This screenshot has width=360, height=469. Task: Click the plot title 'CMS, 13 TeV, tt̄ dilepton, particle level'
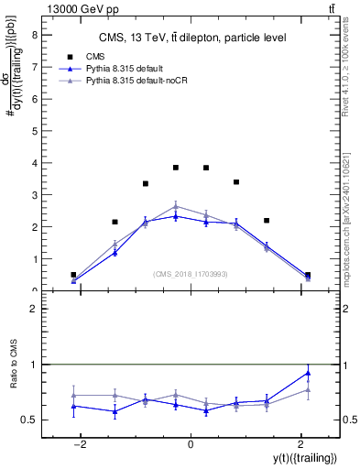click(191, 38)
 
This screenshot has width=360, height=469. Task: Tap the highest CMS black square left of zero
click(176, 168)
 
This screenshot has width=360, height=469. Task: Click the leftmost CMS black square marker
click(73, 275)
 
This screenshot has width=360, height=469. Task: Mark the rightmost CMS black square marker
click(308, 275)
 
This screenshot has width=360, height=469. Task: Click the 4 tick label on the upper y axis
click(35, 164)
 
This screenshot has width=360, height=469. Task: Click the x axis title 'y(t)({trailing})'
click(302, 458)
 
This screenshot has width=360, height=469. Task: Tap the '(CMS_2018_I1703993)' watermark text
click(191, 273)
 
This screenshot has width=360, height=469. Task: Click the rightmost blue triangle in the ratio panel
click(308, 373)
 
